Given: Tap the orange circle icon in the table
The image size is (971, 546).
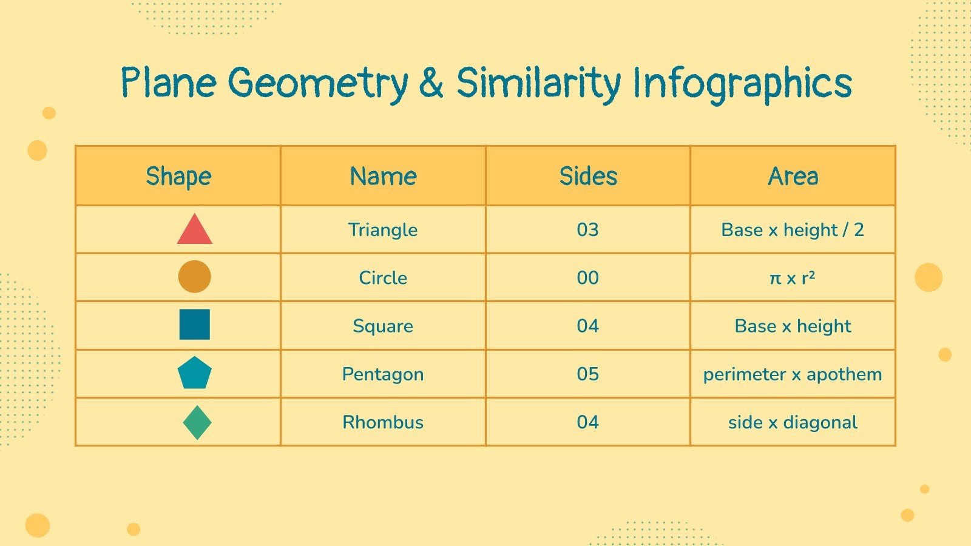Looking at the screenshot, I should point(195,277).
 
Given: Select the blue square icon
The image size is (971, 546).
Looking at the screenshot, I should point(195,325).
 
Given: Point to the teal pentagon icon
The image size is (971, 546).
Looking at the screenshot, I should point(195,373).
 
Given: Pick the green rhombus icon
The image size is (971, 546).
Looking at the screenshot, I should point(197,422).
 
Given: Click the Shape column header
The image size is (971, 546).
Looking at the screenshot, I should point(178,177).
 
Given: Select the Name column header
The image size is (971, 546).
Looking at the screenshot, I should point(383,177).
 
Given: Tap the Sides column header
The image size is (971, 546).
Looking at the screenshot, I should point(588,177).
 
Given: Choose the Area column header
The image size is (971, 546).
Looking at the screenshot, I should point(793,177).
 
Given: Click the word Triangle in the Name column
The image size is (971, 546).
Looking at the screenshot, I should point(383,230).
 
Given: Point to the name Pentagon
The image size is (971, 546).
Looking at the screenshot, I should point(383,374).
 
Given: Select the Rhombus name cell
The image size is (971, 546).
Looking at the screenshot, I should point(383,422).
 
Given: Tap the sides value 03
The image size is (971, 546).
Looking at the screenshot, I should point(588,230).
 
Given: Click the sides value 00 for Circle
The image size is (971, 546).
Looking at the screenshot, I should point(588,278).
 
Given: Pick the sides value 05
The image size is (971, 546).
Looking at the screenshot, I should point(588,374).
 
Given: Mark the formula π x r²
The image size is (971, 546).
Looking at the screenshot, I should point(793,278).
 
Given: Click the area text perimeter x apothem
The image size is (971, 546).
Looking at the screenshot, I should point(793,374).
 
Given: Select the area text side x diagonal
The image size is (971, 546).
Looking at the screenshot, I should point(793,422).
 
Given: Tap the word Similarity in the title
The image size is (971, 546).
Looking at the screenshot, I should point(538,84).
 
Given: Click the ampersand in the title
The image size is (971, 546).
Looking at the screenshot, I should point(431,84).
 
